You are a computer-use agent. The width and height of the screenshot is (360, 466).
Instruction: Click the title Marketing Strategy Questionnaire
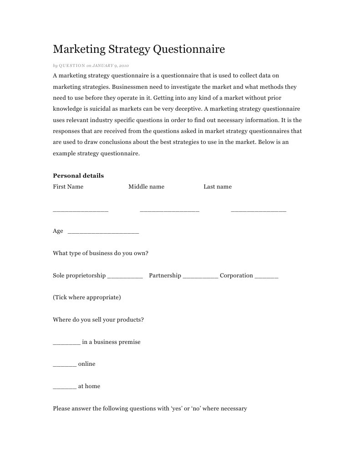point(139,49)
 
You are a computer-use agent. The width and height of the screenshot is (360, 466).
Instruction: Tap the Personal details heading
point(78,175)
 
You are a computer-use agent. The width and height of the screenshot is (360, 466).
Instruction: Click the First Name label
point(68,187)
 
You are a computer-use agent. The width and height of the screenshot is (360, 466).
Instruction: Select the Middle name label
point(146,187)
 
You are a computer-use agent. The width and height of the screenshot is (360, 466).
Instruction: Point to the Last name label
point(218,187)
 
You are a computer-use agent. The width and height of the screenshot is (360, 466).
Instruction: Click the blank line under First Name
point(81,210)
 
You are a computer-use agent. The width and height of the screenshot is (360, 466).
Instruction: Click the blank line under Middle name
point(169,210)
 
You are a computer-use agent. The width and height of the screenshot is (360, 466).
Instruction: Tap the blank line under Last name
point(259,210)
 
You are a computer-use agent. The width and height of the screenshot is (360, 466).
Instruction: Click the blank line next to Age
point(103,233)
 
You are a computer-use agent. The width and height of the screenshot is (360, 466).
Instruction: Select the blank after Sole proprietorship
point(125,277)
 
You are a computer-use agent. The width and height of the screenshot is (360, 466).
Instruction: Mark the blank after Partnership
point(200,277)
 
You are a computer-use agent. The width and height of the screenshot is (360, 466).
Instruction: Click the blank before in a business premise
point(66,343)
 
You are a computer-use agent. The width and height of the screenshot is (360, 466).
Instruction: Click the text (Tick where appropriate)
point(87,297)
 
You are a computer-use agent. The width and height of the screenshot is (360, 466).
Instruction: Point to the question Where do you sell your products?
point(98,320)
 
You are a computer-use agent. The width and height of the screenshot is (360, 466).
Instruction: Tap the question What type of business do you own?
point(101,253)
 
